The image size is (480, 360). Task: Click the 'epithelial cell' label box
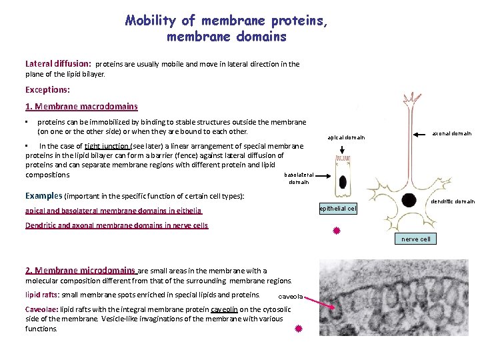coord(338,209)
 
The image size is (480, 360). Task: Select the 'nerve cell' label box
coord(416,239)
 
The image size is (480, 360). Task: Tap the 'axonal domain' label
coord(453,133)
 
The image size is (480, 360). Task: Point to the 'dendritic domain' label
coord(453,201)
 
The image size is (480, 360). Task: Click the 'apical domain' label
coord(346,137)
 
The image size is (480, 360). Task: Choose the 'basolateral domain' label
coord(299,178)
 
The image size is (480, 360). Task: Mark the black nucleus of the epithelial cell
coord(343,183)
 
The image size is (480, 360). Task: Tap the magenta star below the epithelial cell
coord(337,231)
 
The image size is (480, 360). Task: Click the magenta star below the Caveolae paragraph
coord(299,329)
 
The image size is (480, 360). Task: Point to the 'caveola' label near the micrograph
coord(291,296)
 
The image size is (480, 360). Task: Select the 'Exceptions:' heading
coord(47,89)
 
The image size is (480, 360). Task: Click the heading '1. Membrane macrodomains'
coord(81,106)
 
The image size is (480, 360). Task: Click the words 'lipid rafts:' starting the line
coord(42,295)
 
